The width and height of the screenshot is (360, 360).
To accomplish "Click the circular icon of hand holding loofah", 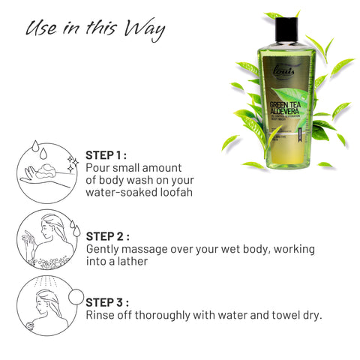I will coord(45,169).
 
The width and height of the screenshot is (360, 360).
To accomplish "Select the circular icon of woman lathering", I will coord(45,239).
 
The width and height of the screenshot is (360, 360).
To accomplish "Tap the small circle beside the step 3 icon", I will coord(76,294).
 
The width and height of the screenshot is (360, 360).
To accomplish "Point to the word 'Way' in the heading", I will coord(146,29).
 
